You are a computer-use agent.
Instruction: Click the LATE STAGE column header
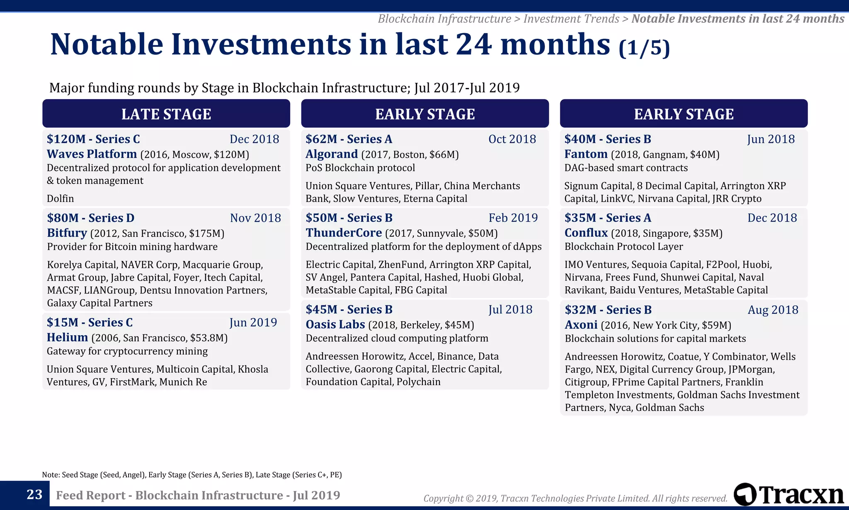pyautogui.click(x=166, y=114)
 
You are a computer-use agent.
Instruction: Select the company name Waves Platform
pyautogui.click(x=92, y=154)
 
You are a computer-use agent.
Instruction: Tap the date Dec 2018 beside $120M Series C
pyautogui.click(x=254, y=139)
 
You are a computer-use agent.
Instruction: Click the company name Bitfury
pyautogui.click(x=67, y=233)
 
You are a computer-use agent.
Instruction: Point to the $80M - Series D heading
pyautogui.click(x=90, y=218)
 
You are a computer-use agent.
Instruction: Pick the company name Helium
pyautogui.click(x=67, y=337)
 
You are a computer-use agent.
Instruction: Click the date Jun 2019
pyautogui.click(x=253, y=322)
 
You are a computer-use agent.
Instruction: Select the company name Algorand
pyautogui.click(x=331, y=154)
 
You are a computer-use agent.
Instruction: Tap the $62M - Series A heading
pyautogui.click(x=349, y=139)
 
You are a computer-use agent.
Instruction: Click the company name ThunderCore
pyautogui.click(x=344, y=233)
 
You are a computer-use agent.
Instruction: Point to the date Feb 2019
pyautogui.click(x=513, y=218)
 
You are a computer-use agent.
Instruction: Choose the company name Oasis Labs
pyautogui.click(x=335, y=325)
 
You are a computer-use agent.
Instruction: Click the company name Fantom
pyautogui.click(x=586, y=154)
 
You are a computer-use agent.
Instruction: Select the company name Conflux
pyautogui.click(x=586, y=233)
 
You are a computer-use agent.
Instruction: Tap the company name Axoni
pyautogui.click(x=581, y=325)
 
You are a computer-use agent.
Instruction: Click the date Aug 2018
pyautogui.click(x=773, y=310)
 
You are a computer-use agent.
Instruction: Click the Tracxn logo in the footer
pyautogui.click(x=788, y=495)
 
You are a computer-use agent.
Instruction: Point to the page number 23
pyautogui.click(x=34, y=495)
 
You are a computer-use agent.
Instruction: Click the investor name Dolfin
pyautogui.click(x=60, y=198)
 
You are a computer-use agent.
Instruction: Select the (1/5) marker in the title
pyautogui.click(x=644, y=48)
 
